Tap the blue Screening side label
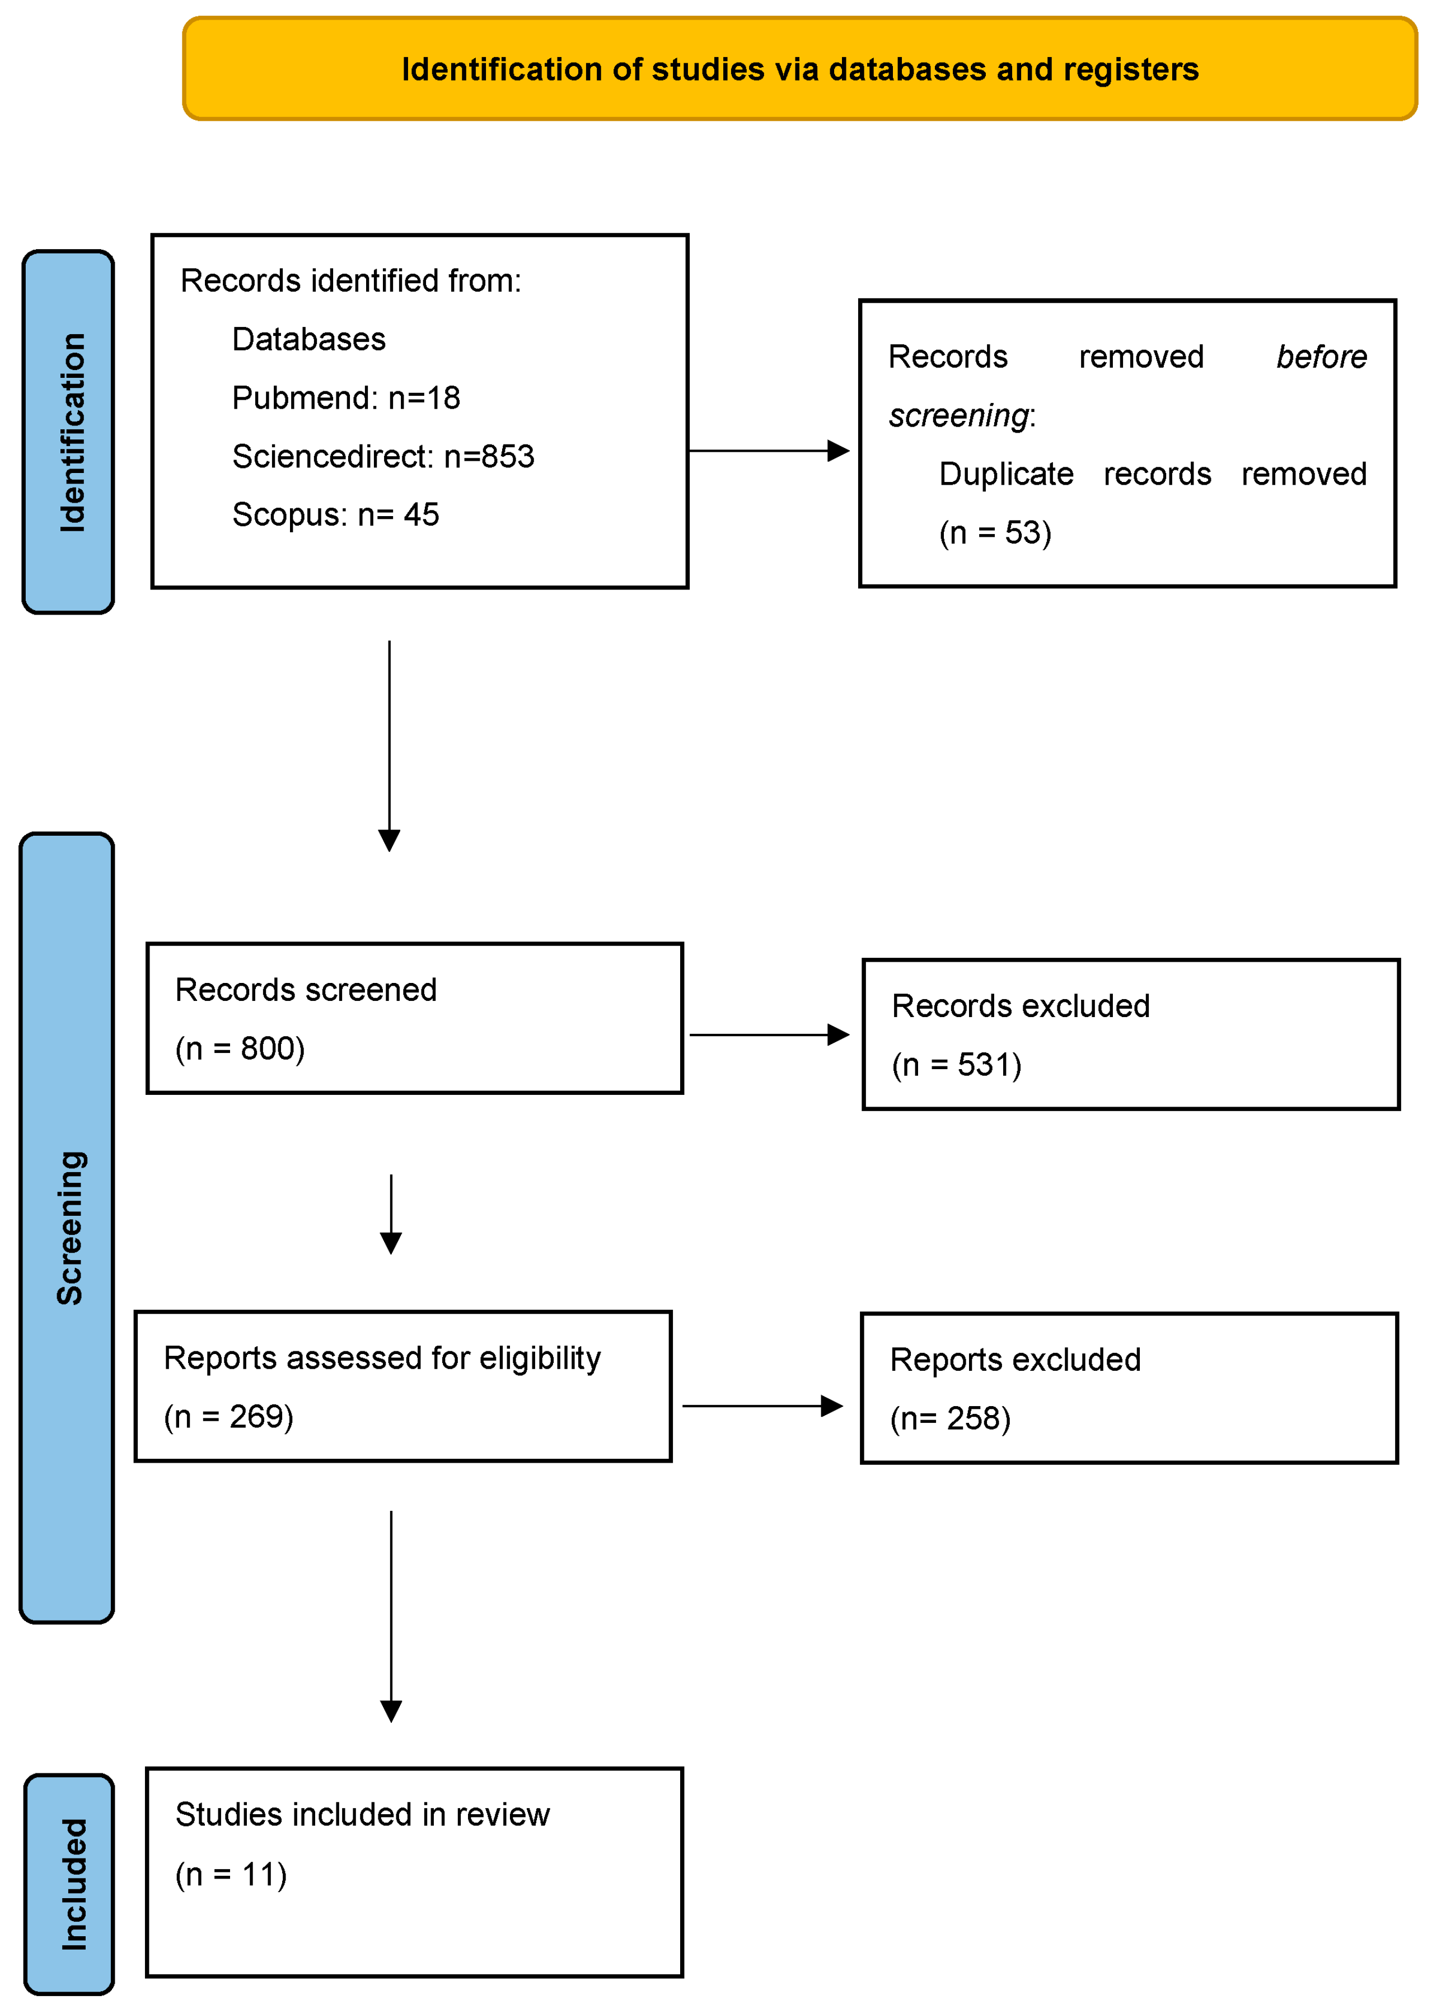pos(68,1227)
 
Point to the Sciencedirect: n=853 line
pos(383,457)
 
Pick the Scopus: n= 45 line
pos(335,515)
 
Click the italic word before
pos(1321,357)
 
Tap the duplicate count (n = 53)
pos(995,532)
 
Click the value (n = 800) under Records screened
pos(240,1049)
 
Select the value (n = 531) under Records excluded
pos(957,1065)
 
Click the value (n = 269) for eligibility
pos(228,1417)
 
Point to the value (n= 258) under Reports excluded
pos(949,1418)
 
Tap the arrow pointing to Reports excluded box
pos(762,1406)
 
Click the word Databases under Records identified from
pos(308,339)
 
